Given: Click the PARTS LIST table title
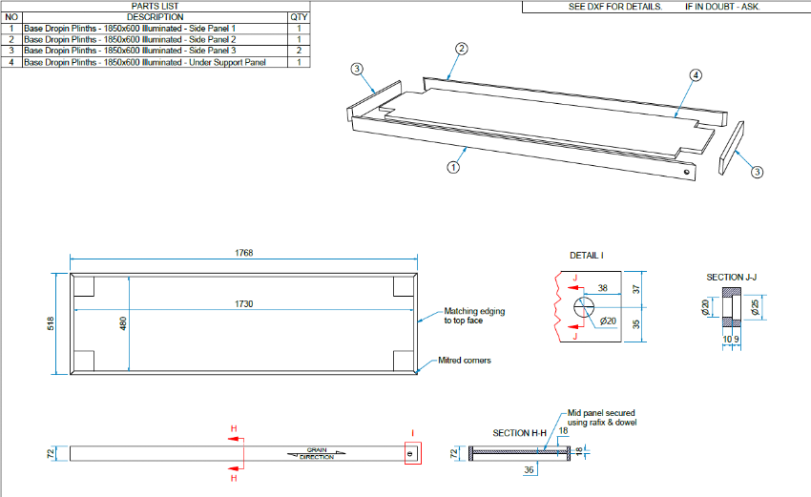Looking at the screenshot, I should (155, 6).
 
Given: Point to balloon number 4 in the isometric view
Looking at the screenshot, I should (696, 74).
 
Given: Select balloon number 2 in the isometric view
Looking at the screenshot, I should (461, 48).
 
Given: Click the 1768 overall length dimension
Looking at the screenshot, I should (245, 254).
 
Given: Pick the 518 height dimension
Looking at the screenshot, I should (52, 323).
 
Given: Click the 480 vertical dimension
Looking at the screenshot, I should (123, 323).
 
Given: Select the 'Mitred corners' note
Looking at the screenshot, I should (465, 361).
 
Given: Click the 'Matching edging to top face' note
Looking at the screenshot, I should (474, 316).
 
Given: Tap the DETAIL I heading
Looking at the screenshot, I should (586, 256).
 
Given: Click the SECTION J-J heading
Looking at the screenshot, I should (733, 278).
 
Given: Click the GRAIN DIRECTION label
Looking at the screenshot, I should (317, 454).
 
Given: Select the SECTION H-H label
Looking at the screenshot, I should (520, 433).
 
